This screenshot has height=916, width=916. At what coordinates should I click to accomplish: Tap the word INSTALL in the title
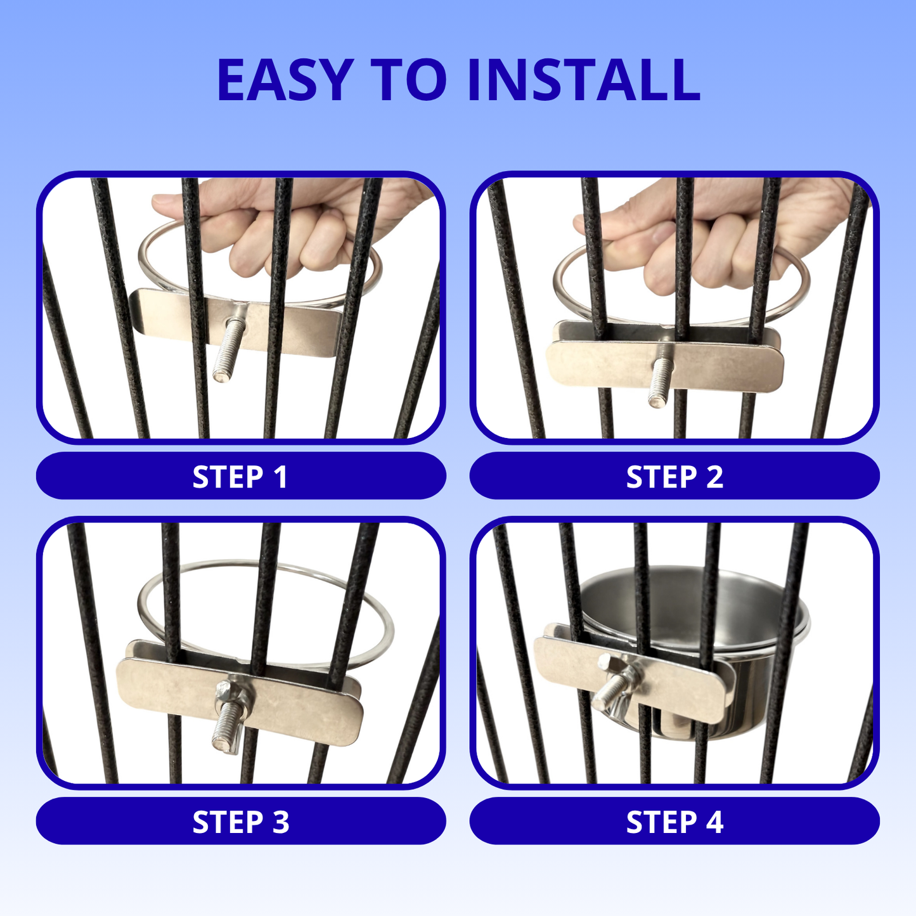click(584, 80)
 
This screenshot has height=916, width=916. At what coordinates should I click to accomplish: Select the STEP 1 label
click(240, 477)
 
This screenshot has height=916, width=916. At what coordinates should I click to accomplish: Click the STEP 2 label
click(674, 477)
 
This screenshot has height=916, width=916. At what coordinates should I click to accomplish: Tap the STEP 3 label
click(241, 822)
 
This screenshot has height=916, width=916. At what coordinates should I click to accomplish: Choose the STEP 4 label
click(674, 822)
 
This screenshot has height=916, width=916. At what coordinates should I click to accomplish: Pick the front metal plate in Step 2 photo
click(666, 366)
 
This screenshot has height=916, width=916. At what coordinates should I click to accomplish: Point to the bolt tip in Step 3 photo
click(220, 748)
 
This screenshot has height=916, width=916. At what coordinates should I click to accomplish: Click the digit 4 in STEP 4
click(714, 822)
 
